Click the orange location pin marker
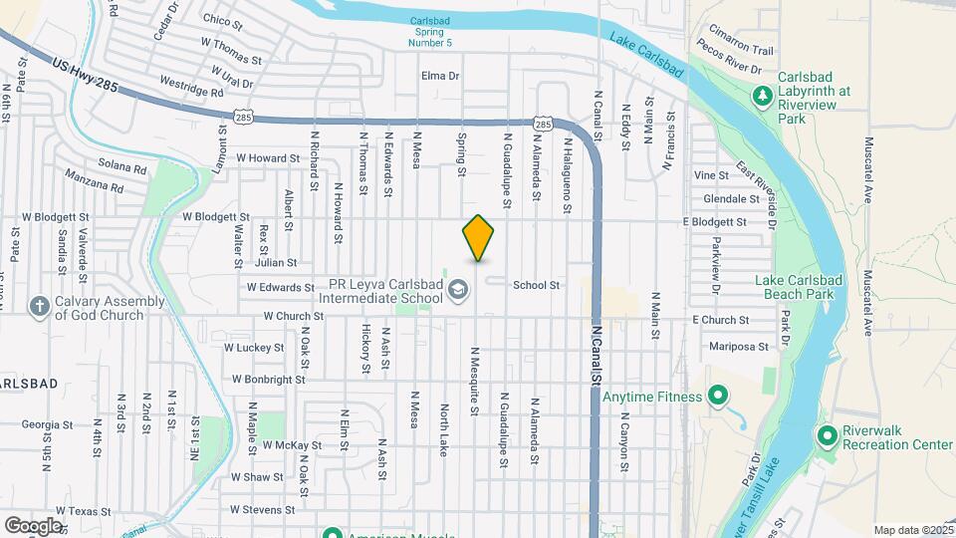pyautogui.click(x=478, y=237)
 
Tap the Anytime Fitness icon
pyautogui.click(x=717, y=397)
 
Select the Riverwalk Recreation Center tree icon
pyautogui.click(x=827, y=435)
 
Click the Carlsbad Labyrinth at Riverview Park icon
pyautogui.click(x=762, y=96)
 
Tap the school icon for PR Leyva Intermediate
pyautogui.click(x=458, y=291)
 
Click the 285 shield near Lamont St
pyautogui.click(x=244, y=117)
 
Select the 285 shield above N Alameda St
pyautogui.click(x=542, y=124)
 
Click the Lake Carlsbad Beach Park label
pyautogui.click(x=807, y=287)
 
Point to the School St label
pyautogui.click(x=536, y=285)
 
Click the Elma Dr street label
pyautogui.click(x=440, y=76)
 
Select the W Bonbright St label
pyautogui.click(x=268, y=380)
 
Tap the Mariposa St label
pyautogui.click(x=740, y=348)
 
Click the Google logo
pyautogui.click(x=33, y=525)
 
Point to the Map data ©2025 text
pyautogui.click(x=911, y=530)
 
